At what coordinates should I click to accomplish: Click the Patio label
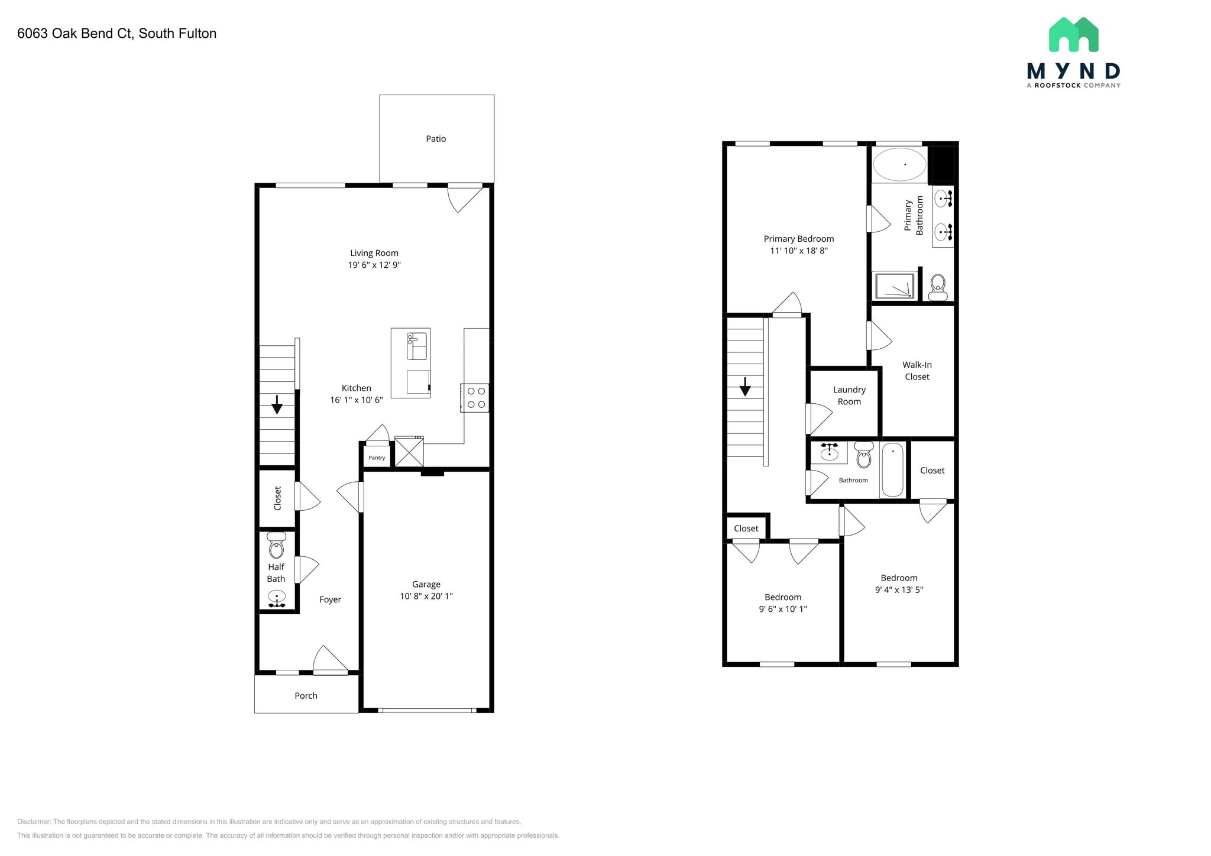[436, 139]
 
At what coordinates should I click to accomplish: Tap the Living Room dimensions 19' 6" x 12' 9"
[374, 265]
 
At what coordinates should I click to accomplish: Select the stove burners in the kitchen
[476, 398]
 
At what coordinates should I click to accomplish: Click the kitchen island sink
[417, 346]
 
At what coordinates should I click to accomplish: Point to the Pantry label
[377, 458]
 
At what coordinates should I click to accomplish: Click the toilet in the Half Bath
[276, 546]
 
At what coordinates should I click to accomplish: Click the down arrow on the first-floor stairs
[277, 406]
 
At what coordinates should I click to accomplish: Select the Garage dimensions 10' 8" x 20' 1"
[426, 596]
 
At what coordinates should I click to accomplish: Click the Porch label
[306, 696]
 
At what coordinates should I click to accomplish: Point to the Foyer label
[330, 599]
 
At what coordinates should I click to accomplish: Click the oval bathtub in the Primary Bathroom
[899, 164]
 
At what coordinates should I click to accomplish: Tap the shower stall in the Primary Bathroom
[895, 286]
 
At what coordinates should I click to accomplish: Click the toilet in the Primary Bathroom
[938, 287]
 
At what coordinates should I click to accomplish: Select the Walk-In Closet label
[917, 371]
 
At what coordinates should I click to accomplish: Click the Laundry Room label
[849, 395]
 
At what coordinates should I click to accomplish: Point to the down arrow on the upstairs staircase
[745, 388]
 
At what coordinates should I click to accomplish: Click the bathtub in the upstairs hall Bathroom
[892, 470]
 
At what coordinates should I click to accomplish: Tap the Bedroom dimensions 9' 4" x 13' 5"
[899, 589]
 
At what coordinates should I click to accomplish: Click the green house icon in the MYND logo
[1073, 35]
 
